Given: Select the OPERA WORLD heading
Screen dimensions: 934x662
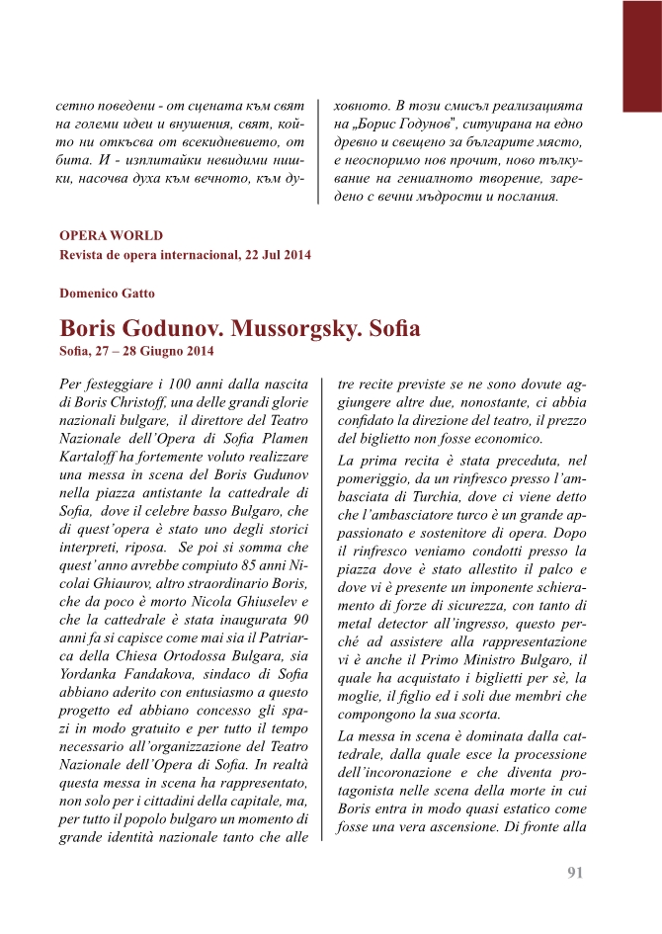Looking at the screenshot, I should (x=111, y=236).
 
